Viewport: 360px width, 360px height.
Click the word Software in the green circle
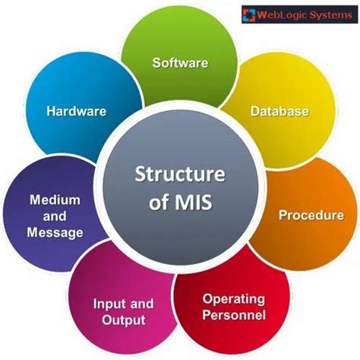tap(180, 62)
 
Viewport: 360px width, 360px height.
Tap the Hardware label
tap(76, 111)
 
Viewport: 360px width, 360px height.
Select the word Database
tap(280, 112)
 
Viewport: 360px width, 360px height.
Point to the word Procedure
tap(311, 216)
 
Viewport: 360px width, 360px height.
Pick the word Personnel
tap(233, 314)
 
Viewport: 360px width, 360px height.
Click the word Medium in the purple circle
tap(55, 201)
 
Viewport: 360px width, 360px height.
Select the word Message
tap(55, 233)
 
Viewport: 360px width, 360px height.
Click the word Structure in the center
tap(179, 174)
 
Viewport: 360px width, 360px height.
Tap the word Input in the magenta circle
tap(106, 303)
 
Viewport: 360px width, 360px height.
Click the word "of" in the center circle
tap(156, 203)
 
